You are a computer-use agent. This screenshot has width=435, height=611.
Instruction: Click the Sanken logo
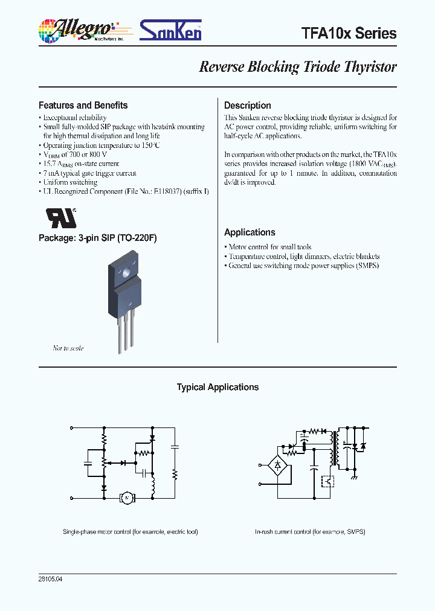pos(171,30)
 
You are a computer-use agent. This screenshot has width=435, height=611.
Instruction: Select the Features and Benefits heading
pos(83,105)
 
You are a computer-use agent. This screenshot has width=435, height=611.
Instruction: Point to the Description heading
pos(248,105)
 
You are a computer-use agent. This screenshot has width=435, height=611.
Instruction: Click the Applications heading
pos(250,232)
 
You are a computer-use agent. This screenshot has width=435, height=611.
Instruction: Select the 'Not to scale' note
pos(68,348)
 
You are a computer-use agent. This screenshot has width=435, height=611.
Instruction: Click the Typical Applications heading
pos(217,388)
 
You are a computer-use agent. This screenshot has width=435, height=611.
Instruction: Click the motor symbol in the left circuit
pos(127,497)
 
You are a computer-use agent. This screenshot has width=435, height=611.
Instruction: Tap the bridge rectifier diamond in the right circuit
pos(277,465)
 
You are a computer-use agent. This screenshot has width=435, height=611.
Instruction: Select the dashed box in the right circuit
pos(328,481)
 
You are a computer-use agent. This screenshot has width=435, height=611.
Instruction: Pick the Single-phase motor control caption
pos(130,532)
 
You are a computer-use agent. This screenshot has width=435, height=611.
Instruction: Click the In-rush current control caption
pos(310,532)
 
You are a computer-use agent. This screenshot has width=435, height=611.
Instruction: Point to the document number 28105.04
pos(50,579)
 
